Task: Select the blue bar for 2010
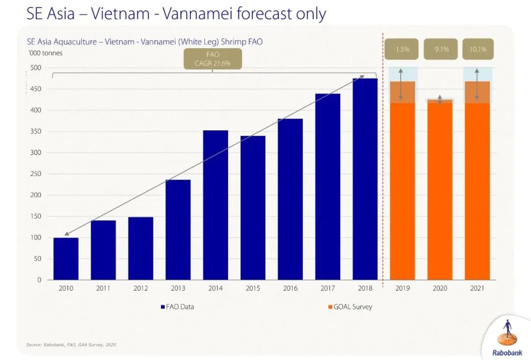(66, 259)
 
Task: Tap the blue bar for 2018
(365, 179)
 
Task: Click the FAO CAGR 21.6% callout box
(213, 60)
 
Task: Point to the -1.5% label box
(402, 49)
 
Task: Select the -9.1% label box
(440, 49)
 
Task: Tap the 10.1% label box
(477, 49)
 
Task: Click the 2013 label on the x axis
(178, 288)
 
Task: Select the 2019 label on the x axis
(403, 288)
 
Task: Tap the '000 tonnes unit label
(45, 53)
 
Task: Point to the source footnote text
(71, 345)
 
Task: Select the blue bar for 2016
(290, 199)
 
